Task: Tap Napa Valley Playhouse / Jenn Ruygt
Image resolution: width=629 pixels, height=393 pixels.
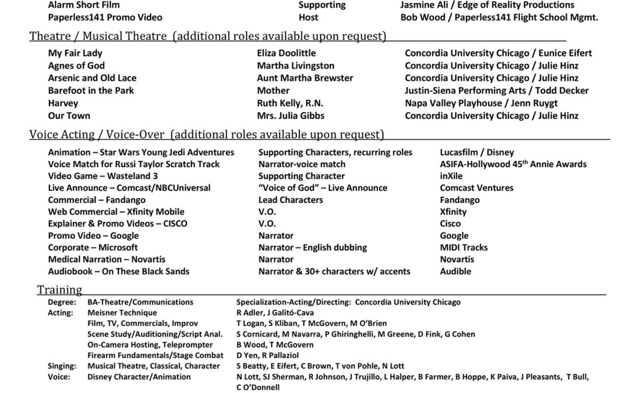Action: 481,103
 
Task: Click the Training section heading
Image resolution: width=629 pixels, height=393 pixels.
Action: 59,289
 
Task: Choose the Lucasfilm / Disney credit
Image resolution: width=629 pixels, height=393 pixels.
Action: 477,153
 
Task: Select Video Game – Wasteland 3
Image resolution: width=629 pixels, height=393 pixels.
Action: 103,176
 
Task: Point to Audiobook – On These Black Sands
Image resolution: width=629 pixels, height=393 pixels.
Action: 118,271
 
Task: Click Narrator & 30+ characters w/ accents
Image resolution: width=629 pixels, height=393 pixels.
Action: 334,271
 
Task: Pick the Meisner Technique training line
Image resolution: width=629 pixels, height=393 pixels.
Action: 122,313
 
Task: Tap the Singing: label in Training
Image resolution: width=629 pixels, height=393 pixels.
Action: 62,366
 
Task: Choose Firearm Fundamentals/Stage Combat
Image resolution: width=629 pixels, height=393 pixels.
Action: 156,355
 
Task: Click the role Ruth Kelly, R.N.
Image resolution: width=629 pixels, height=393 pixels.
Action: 290,103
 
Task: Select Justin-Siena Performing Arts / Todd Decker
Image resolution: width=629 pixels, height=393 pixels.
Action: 497,90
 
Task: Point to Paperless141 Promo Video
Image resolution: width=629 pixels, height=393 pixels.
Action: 105,17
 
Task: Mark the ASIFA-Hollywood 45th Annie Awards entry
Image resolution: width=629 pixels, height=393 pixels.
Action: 513,164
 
